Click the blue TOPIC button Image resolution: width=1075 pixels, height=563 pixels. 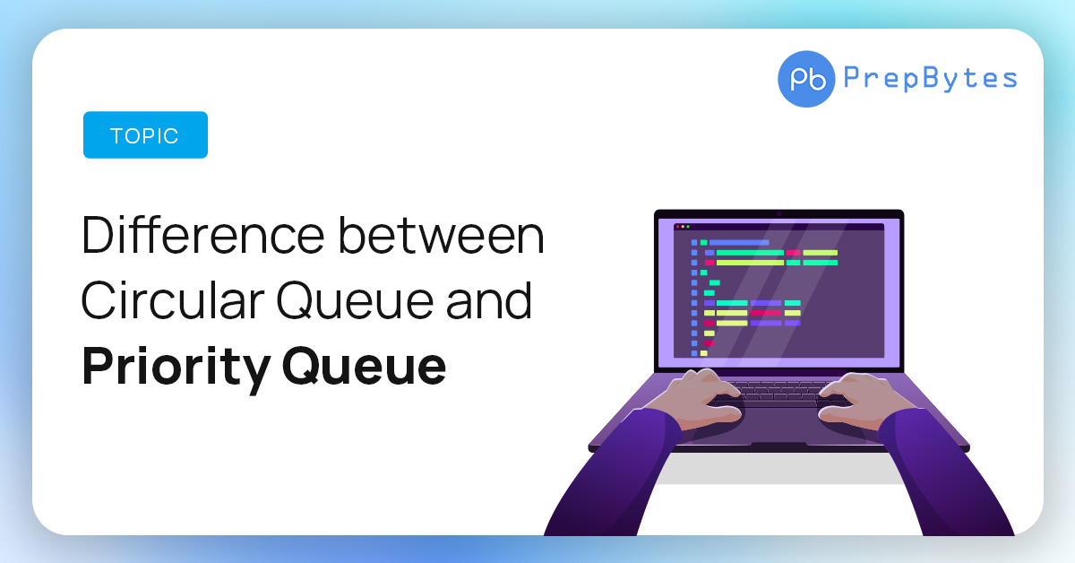(145, 135)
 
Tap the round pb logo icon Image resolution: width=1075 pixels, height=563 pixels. (806, 79)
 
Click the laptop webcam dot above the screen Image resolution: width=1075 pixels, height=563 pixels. (778, 213)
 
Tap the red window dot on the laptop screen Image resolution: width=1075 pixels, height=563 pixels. (676, 227)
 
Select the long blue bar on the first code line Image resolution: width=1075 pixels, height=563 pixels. (739, 242)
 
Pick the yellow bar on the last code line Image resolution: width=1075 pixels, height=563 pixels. (704, 353)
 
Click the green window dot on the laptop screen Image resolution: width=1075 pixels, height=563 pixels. (687, 227)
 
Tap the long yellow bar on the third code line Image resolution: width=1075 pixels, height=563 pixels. (750, 263)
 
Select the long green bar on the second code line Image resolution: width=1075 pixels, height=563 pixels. (750, 253)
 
